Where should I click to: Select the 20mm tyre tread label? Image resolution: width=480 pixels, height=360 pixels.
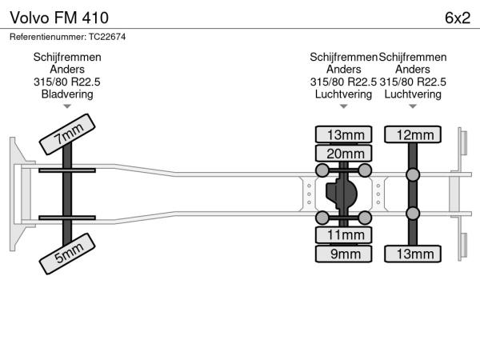(345, 154)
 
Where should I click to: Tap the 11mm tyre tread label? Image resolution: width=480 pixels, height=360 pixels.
(345, 235)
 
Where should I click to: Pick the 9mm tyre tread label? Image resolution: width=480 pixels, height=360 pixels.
(345, 254)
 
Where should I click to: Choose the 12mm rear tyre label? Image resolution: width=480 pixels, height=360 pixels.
(413, 134)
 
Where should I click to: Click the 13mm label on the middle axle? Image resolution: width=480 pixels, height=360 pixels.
(345, 134)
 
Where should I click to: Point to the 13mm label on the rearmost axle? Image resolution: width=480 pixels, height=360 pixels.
(413, 254)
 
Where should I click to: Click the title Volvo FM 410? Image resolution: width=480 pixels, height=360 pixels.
(55, 17)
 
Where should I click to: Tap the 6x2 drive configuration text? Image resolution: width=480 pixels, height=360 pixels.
(456, 17)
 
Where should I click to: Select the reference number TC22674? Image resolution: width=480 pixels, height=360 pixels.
(67, 37)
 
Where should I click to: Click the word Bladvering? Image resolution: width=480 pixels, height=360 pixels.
(67, 94)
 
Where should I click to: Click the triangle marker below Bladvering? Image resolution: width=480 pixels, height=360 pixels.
(67, 106)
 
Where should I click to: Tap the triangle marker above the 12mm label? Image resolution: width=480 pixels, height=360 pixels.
(413, 106)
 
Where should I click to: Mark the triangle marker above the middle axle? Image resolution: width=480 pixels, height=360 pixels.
(344, 106)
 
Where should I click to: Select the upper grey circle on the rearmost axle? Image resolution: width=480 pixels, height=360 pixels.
(413, 175)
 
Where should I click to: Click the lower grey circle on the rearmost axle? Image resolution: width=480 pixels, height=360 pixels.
(413, 214)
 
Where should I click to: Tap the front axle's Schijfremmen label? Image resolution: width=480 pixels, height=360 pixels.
(67, 58)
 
